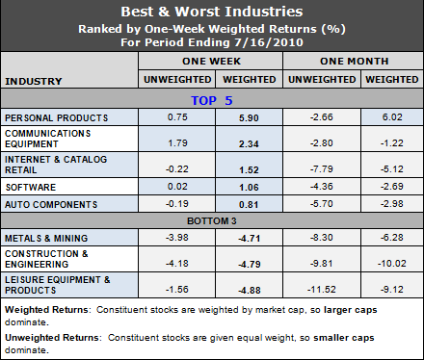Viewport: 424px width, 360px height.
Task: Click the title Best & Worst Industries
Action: click(211, 13)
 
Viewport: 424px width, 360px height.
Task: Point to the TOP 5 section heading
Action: click(213, 99)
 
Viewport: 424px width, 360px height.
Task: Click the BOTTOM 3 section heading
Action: click(213, 219)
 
